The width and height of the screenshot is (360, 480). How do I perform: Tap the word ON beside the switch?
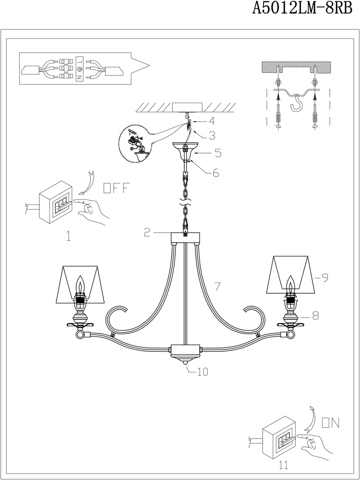pyautogui.click(x=331, y=422)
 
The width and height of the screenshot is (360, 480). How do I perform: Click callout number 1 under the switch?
pyautogui.click(x=68, y=236)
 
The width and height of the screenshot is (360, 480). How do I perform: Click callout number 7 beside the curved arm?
pyautogui.click(x=217, y=287)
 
